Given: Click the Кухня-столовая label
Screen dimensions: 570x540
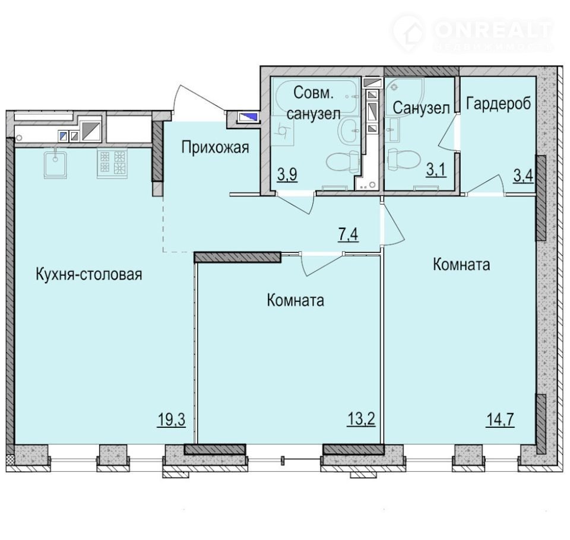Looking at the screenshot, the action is [x=89, y=274].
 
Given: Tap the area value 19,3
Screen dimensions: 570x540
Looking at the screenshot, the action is [x=172, y=420].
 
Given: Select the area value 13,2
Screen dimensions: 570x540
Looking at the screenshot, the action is [x=361, y=420].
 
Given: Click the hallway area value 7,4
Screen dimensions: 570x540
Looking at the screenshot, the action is [x=349, y=234].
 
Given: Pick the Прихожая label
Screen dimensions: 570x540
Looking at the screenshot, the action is [x=215, y=148].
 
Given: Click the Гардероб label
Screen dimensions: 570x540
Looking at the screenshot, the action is [x=498, y=103].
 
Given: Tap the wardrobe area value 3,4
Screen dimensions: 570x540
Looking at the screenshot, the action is [x=524, y=176].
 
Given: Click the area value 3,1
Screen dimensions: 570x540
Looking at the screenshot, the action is [x=436, y=170].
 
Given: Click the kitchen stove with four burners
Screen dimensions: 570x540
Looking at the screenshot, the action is [x=112, y=164].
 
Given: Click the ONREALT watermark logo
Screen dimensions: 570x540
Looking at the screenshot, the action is [x=473, y=33].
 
